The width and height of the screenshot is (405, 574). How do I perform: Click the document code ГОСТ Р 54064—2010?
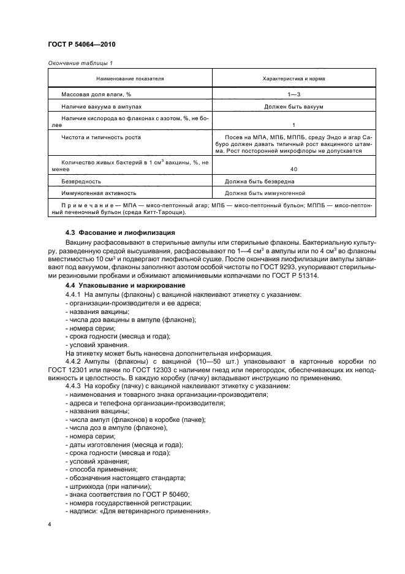click(81, 45)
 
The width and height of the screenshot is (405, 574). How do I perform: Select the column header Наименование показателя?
click(130, 79)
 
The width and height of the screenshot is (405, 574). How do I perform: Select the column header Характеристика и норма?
click(293, 79)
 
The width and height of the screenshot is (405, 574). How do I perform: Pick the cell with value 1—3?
click(293, 95)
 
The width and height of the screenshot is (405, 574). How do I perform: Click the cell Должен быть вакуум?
click(293, 107)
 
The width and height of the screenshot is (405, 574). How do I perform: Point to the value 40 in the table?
click(293, 169)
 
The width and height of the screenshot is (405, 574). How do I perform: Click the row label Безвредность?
click(81, 182)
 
